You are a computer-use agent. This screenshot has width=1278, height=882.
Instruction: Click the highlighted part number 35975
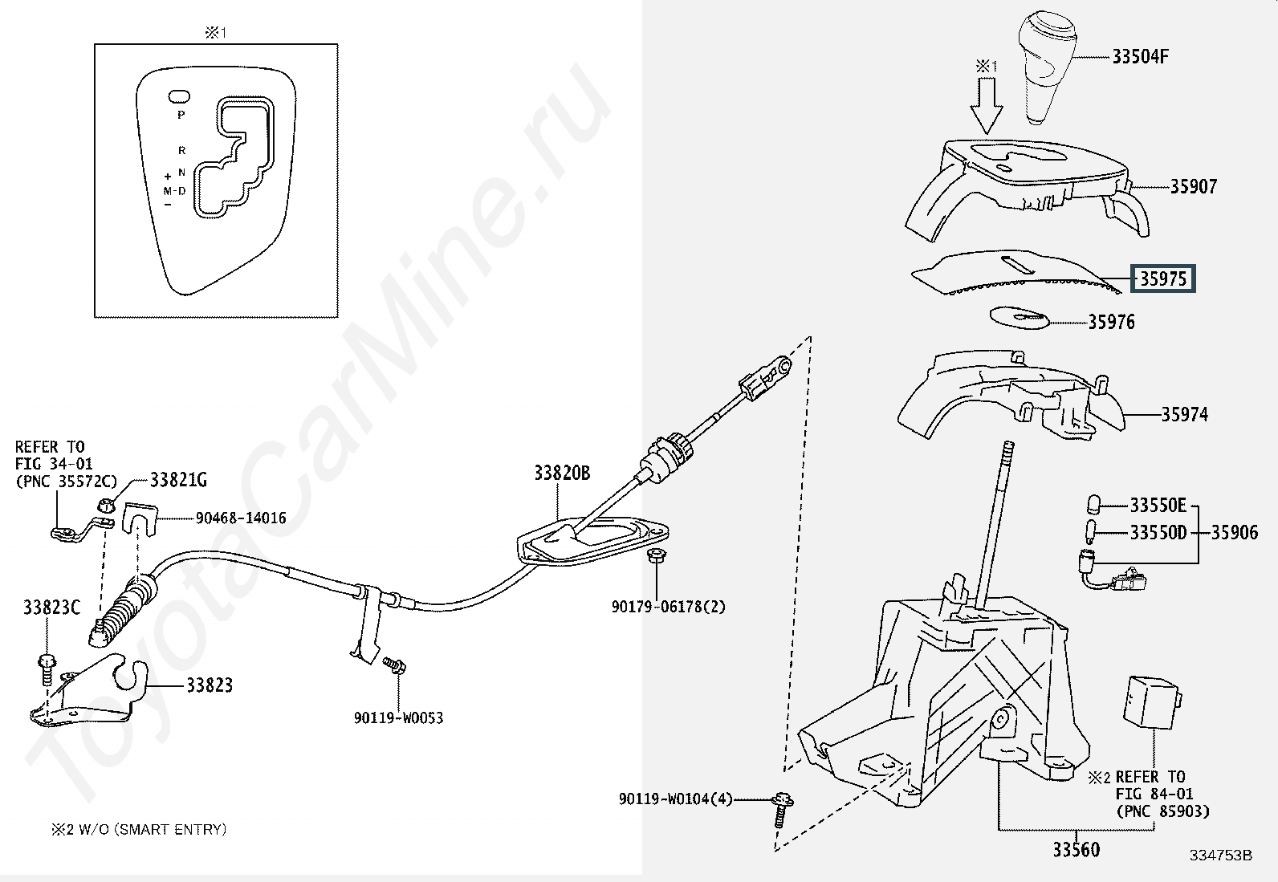click(1163, 278)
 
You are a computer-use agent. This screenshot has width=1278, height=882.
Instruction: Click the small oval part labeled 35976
click(1020, 318)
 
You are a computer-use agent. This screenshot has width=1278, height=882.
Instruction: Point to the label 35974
click(1184, 415)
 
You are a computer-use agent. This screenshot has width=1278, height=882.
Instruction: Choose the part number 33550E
click(1158, 506)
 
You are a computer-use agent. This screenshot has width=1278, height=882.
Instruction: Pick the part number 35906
click(1235, 532)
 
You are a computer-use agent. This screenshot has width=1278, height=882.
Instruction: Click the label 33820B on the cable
click(562, 474)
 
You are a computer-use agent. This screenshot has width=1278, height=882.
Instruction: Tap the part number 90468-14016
click(241, 518)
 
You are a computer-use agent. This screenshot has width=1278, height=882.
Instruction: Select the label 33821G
click(178, 481)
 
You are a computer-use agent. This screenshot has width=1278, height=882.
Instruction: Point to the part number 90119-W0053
click(398, 718)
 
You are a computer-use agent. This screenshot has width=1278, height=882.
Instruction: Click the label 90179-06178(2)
click(668, 607)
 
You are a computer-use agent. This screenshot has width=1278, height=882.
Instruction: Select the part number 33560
click(1077, 849)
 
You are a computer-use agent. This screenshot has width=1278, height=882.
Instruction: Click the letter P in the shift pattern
click(181, 115)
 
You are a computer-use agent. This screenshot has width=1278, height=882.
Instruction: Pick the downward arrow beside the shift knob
click(986, 106)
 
